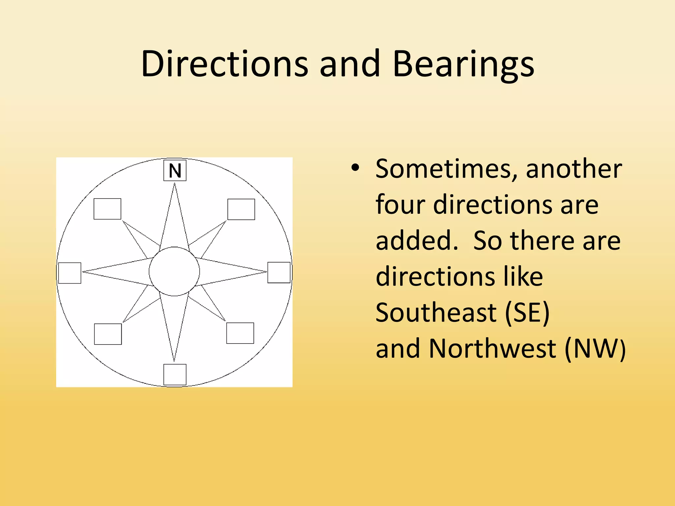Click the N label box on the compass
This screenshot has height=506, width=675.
tap(175, 170)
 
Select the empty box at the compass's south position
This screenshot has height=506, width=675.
tap(175, 375)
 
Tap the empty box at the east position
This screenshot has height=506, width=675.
tap(279, 272)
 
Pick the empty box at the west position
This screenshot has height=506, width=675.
tap(70, 273)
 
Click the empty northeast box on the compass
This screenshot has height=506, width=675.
tap(241, 209)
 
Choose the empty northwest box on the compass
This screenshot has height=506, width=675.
tap(107, 209)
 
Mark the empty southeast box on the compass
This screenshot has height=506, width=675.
tap(240, 333)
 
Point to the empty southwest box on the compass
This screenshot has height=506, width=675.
tap(108, 334)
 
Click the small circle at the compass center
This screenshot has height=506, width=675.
tap(174, 271)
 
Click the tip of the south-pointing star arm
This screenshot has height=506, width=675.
tap(174, 360)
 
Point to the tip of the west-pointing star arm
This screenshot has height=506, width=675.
tap(83, 272)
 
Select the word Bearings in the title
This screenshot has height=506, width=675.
tap(463, 64)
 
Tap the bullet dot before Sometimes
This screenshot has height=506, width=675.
tap(355, 168)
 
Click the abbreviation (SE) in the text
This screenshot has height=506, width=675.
tap(528, 312)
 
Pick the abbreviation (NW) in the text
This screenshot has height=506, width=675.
tap(595, 349)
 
